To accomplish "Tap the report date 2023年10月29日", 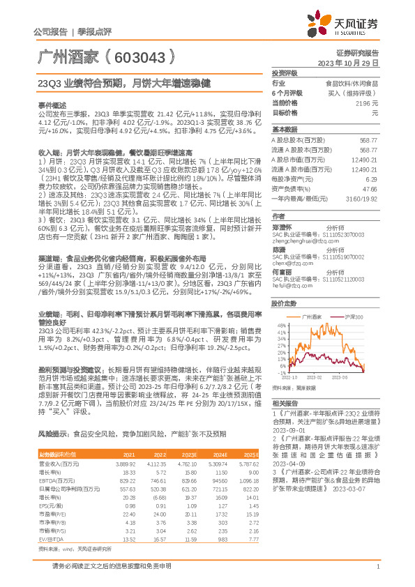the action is (x=348, y=63).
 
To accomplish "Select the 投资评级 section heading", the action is (x=285, y=73).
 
